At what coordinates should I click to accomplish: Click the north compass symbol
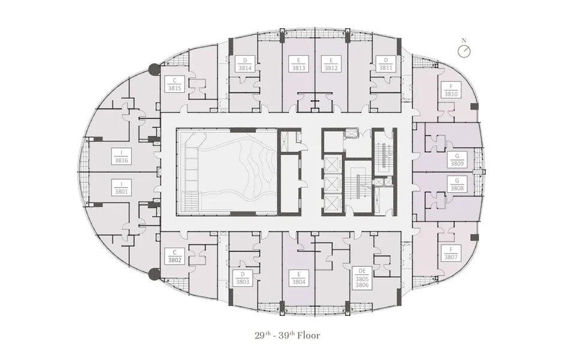coord(464,50)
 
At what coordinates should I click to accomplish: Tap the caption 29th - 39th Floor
coord(288,335)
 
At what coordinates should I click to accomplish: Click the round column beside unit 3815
coord(155,69)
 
